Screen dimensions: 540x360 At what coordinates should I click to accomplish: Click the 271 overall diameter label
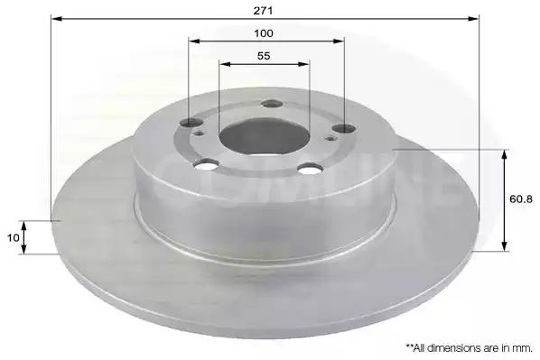point(263,11)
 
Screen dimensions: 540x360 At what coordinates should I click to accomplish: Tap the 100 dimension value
point(264,33)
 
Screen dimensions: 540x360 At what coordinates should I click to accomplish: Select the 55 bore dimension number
point(264,55)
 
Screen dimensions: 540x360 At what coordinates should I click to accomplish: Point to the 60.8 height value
point(521,198)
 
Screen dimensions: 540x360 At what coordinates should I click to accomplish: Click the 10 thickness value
point(13,238)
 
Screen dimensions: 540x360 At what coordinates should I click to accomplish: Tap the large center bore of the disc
point(265,138)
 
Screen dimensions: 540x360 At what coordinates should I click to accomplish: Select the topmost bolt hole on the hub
point(272,104)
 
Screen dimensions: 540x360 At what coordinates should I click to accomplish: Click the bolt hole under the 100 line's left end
point(191,122)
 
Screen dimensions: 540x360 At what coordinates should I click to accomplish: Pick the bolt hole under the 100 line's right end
point(344,128)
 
